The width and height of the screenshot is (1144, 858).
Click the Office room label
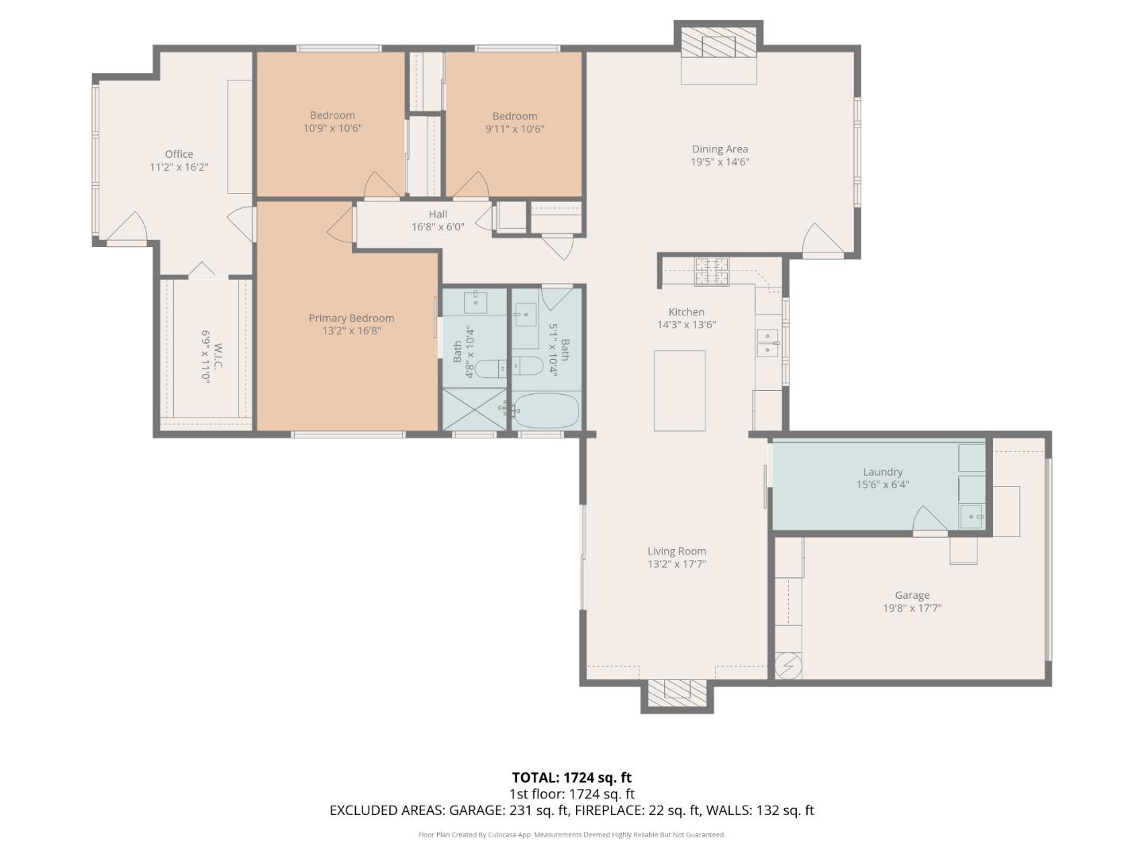(x=179, y=154)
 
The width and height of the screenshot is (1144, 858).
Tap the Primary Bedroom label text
(x=351, y=318)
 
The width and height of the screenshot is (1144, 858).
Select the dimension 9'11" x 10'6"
(x=515, y=129)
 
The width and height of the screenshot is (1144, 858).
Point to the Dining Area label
(x=720, y=149)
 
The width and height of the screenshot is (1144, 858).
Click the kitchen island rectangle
(x=679, y=390)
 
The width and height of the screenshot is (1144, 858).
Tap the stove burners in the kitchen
(x=712, y=271)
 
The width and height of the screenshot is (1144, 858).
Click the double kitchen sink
(x=767, y=342)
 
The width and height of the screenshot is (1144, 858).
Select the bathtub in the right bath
(x=546, y=410)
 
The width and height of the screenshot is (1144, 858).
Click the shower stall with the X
(x=473, y=409)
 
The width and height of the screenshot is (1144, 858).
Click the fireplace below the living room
(x=677, y=693)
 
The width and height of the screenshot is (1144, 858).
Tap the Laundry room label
(x=883, y=472)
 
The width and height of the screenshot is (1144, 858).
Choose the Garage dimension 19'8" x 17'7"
(x=912, y=609)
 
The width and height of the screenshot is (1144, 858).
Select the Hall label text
(x=438, y=214)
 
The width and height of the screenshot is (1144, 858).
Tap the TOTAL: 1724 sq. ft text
(x=571, y=778)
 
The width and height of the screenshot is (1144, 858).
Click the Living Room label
(x=676, y=551)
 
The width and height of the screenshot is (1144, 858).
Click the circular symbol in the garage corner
(x=788, y=666)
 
